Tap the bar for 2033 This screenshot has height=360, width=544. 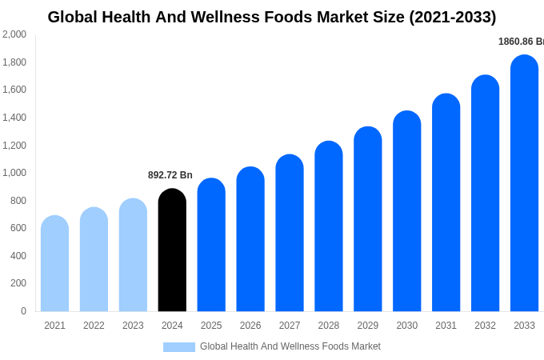coord(524,183)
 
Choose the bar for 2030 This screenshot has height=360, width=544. coord(406,211)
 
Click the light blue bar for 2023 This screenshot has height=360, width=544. coord(133,255)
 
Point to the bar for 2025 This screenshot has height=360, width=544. coord(211,245)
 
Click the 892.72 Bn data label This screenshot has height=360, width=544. coord(170,175)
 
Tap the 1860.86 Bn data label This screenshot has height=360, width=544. coord(521,42)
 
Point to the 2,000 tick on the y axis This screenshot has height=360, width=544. coord(14,34)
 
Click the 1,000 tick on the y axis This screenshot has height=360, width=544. coord(14,173)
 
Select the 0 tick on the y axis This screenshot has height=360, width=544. coord(23,311)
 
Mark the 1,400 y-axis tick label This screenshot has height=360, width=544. coord(14,118)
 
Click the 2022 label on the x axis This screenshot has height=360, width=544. coord(94,326)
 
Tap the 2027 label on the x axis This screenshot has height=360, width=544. coord(290,326)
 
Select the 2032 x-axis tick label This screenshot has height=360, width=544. coord(485,326)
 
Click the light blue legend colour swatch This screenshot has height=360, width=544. coord(179,347)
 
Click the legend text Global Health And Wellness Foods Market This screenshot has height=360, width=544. coord(290,346)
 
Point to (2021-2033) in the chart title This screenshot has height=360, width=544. coord(453,17)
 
